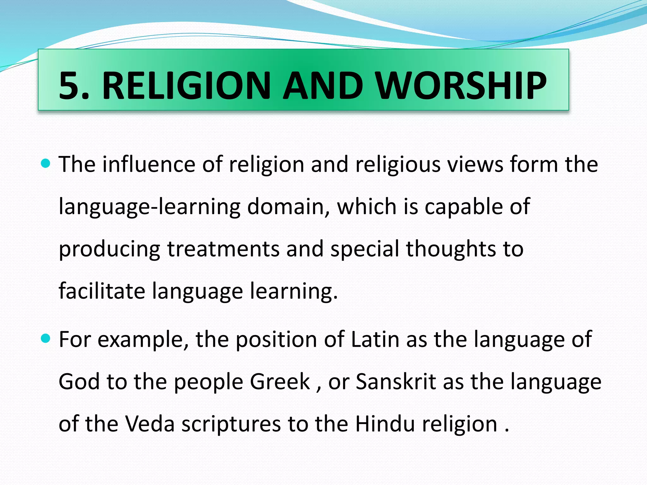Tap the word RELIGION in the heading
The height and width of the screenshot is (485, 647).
click(186, 86)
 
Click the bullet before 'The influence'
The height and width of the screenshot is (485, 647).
click(46, 164)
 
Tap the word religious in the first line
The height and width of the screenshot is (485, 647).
click(398, 165)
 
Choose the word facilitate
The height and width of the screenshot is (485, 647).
click(102, 291)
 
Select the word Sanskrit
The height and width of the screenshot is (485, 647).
click(396, 381)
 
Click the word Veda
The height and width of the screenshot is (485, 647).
click(150, 424)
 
